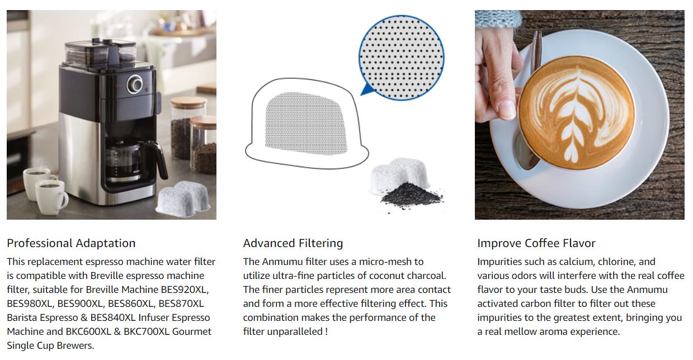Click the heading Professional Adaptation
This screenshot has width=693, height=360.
71,243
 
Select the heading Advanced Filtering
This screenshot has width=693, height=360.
293,243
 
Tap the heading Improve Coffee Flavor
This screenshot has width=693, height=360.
536,243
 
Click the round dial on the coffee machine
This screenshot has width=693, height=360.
135,83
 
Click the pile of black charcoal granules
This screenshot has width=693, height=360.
412,196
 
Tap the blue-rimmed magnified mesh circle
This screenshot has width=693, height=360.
401,58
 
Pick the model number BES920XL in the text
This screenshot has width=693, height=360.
185,290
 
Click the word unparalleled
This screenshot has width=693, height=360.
295,331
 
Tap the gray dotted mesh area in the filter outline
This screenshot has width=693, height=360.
305,123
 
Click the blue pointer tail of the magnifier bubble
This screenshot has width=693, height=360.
367,89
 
